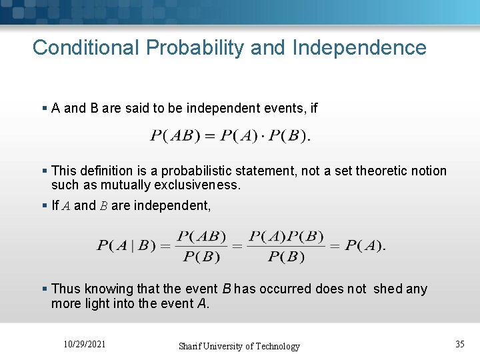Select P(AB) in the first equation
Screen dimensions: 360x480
tap(173, 137)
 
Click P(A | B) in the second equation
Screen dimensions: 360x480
tap(123, 246)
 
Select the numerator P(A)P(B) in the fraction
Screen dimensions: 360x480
tap(286, 237)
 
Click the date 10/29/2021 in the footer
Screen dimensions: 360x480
tap(85, 344)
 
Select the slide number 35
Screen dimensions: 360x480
tap(459, 344)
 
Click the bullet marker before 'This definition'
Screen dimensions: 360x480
tap(45, 171)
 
